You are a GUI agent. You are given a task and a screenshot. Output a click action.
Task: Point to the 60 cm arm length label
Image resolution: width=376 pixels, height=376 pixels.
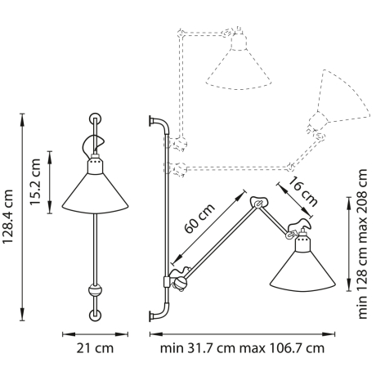[199, 220]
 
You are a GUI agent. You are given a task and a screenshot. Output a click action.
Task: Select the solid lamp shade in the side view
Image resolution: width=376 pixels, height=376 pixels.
[300, 271]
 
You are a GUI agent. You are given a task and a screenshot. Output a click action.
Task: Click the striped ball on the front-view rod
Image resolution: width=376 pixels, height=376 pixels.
[96, 289]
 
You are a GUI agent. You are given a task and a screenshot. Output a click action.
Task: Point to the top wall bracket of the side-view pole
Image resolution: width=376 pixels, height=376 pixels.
[155, 123]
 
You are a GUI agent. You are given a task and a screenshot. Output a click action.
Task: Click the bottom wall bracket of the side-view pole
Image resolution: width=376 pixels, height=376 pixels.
[155, 314]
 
